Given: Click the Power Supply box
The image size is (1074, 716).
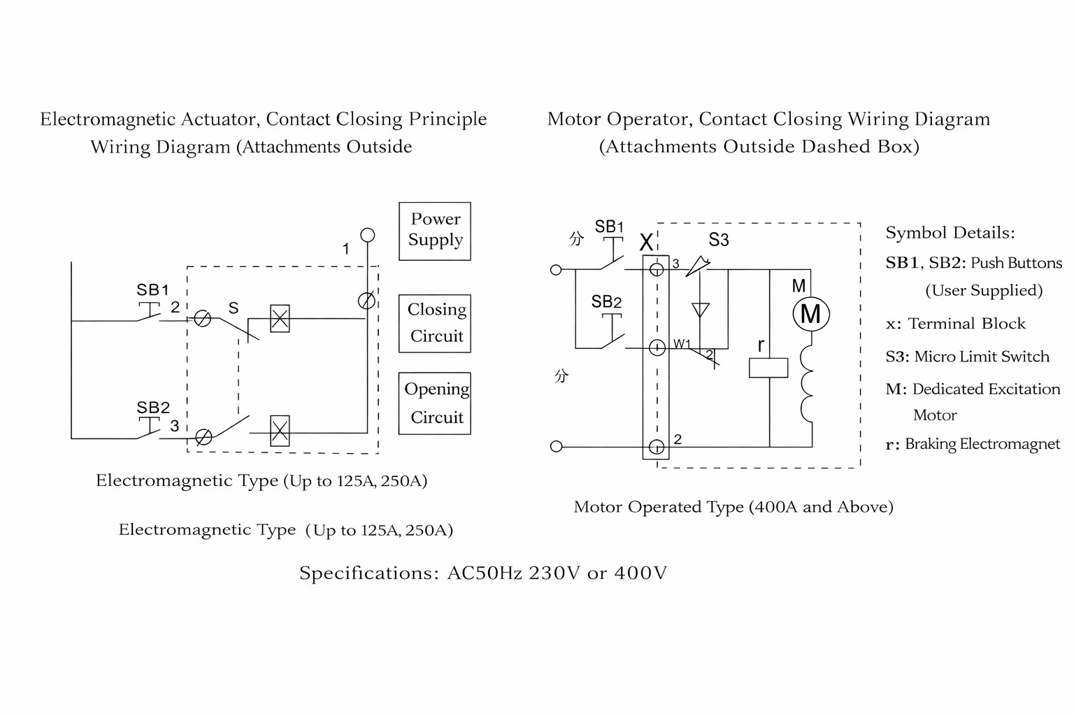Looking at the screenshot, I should [435, 231].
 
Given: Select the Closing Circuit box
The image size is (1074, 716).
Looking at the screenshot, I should [435, 323].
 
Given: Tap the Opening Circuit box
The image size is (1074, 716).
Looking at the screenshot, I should [435, 403].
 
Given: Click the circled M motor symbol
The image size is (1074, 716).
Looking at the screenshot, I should [810, 314].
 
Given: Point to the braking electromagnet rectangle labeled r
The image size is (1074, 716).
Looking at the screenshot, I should [768, 368].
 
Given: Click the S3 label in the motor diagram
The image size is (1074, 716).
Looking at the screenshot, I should [718, 241].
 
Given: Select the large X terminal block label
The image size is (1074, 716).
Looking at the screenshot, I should [647, 243].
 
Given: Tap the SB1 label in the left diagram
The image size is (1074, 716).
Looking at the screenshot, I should [152, 289].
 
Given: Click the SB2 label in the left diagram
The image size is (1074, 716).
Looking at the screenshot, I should [152, 408].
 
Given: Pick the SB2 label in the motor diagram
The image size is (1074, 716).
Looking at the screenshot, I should [606, 302].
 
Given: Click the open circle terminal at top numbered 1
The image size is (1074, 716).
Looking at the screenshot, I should [367, 235].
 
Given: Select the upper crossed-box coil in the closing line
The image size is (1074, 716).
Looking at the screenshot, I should [280, 319].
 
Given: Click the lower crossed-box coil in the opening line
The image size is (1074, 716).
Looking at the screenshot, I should [280, 431].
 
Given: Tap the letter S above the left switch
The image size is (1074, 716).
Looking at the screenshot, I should [234, 308].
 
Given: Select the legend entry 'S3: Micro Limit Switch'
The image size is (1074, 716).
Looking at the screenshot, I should [967, 357].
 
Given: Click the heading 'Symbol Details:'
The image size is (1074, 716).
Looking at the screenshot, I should [950, 233].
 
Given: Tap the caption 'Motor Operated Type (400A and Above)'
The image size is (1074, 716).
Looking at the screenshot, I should [733, 507].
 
